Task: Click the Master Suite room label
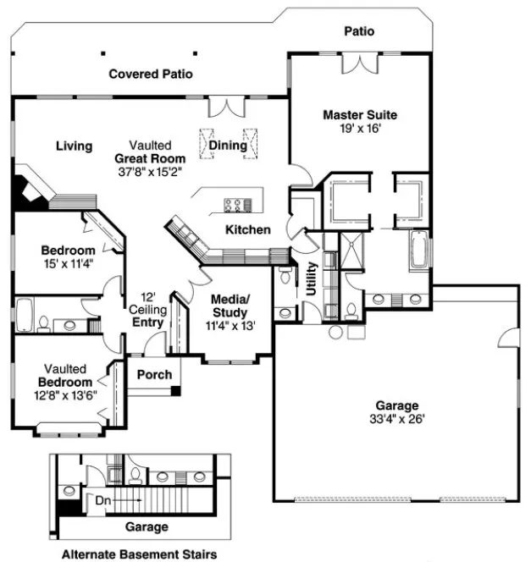359,114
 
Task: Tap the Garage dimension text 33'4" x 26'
397,418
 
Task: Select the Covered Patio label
151,74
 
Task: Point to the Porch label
154,374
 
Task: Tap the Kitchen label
247,229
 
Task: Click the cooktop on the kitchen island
237,204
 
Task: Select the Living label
74,146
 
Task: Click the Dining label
228,146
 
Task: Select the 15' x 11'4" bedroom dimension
68,263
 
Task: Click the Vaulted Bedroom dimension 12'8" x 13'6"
66,394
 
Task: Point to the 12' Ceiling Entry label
146,310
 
